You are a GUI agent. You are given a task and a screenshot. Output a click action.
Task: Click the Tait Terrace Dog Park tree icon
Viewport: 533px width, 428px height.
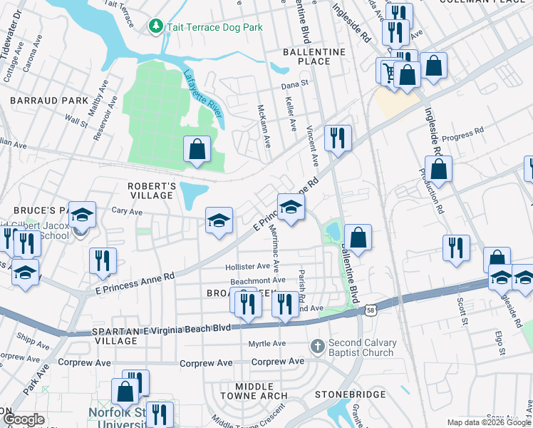tap(155, 26)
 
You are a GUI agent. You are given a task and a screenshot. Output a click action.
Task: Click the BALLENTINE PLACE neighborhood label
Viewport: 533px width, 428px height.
tap(314, 56)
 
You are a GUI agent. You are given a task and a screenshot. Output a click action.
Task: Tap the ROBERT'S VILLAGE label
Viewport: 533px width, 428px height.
tap(150, 190)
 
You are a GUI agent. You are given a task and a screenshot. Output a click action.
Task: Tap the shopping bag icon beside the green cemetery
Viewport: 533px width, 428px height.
tap(197, 150)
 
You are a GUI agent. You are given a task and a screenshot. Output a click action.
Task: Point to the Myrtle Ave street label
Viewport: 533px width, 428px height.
tap(266, 343)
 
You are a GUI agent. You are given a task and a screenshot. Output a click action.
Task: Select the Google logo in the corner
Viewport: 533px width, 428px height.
tap(24, 419)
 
